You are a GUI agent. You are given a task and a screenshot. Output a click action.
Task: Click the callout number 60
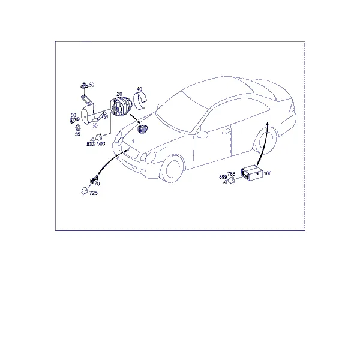91,85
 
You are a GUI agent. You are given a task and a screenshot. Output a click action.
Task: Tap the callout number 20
119,94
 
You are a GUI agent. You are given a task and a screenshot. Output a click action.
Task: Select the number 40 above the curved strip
139,89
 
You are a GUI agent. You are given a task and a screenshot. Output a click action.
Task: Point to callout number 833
91,144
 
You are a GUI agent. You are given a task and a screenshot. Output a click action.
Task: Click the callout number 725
94,193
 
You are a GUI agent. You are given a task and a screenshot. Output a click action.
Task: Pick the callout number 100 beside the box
268,173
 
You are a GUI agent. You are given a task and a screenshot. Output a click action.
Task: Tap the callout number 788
231,174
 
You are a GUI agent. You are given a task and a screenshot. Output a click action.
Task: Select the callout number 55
77,134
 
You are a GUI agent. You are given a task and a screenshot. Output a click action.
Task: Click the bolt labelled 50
74,120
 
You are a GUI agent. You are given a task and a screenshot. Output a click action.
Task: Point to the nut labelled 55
78,127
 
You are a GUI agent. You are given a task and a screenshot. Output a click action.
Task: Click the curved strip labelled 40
140,100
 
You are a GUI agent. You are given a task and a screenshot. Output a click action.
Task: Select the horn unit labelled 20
121,107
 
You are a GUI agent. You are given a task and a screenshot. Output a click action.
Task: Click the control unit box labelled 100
252,173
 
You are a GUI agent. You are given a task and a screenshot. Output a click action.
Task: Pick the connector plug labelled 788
232,180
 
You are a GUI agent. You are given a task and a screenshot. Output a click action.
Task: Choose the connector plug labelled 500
99,137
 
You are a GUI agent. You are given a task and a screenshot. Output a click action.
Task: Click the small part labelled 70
94,179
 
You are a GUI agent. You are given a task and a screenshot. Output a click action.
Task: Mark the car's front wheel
172,169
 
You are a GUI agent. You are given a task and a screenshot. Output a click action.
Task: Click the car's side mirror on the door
202,134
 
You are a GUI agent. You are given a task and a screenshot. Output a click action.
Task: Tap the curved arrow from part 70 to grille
110,160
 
